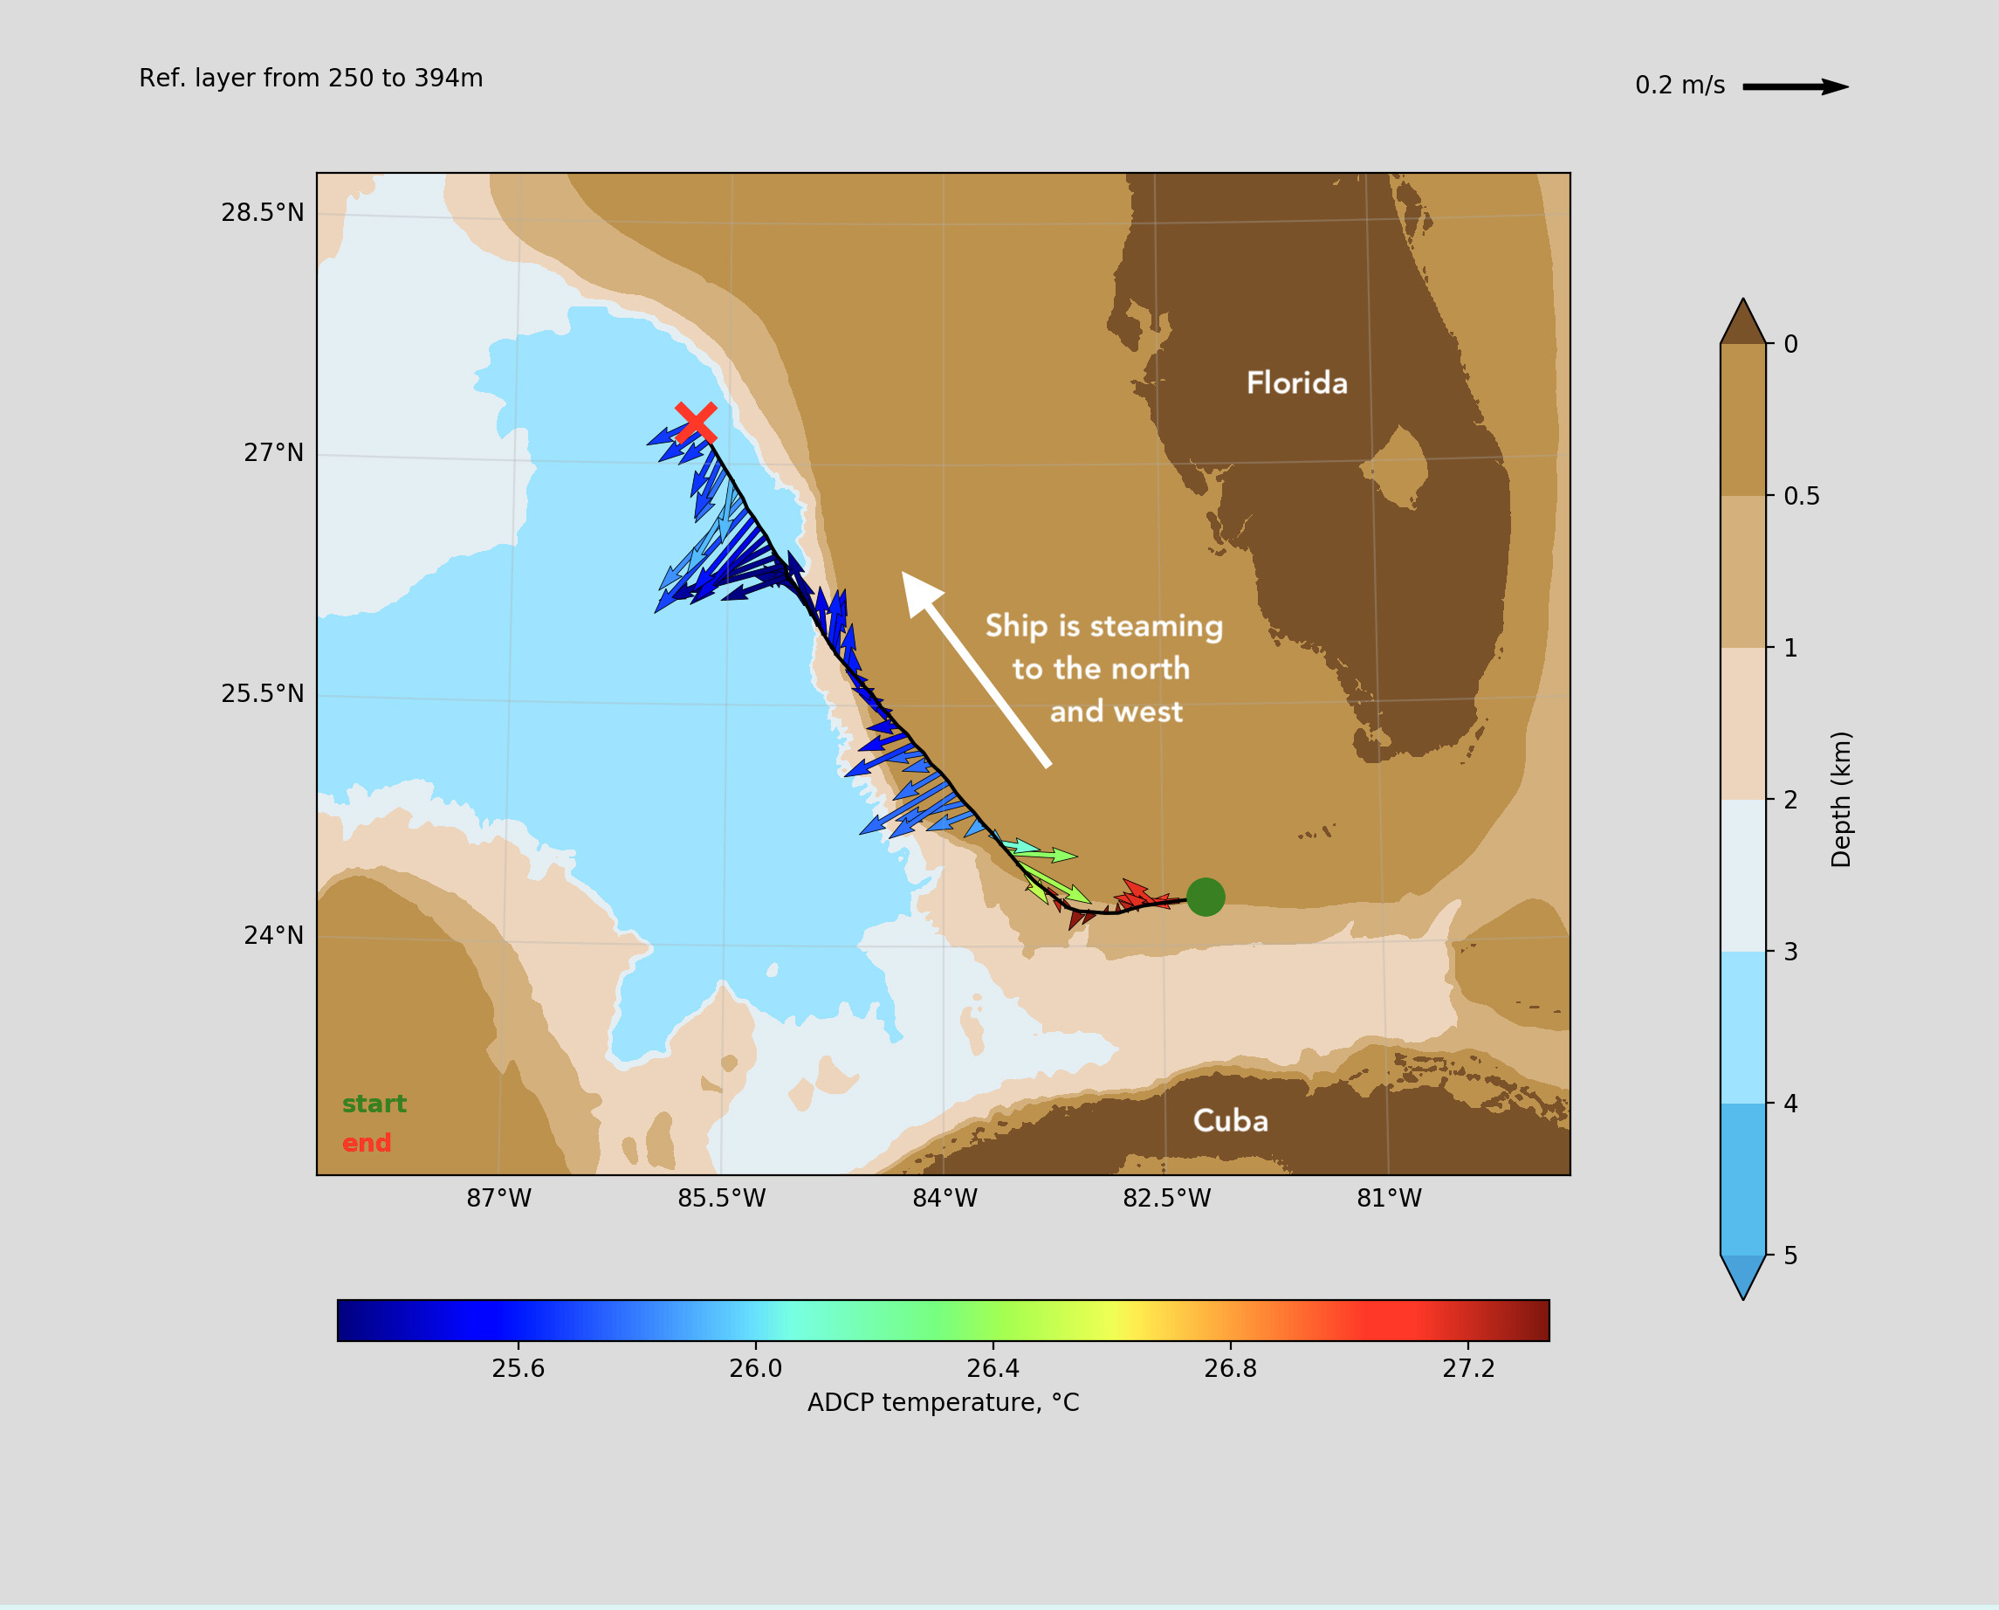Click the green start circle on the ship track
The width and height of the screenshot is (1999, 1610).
coord(1206,897)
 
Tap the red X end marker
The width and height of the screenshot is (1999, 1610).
coord(696,423)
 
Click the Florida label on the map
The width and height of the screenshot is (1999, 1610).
coord(1297,382)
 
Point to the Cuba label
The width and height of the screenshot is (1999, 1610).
coord(1230,1120)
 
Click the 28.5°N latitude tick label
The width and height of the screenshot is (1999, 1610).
coord(263,212)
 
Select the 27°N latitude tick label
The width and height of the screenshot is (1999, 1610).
coord(273,452)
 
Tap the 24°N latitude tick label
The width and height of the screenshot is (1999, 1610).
coord(273,935)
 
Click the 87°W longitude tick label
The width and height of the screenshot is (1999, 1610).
coord(498,1198)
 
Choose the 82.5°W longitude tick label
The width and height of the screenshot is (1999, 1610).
coord(1166,1198)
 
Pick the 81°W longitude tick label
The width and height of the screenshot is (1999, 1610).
coord(1389,1198)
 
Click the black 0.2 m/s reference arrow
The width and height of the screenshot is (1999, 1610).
coord(1796,87)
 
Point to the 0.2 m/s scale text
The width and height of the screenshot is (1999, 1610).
coord(1680,86)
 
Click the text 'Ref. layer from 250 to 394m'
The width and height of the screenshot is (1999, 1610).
coord(311,78)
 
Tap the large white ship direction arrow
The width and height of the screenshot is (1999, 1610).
coord(975,669)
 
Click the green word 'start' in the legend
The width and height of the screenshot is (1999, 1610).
coord(374,1104)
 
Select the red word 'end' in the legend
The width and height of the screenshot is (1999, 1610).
coord(367,1143)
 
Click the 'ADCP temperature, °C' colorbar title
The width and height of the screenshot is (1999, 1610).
coord(943,1402)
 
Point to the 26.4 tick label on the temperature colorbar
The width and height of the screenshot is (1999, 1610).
coord(993,1369)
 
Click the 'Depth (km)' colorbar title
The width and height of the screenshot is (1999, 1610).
coord(1841,800)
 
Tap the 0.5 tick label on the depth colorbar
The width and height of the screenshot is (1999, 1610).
coord(1802,496)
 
